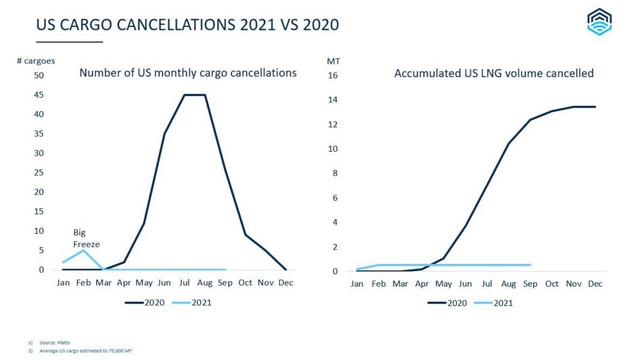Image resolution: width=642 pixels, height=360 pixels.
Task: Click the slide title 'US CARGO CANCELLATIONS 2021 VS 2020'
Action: pyautogui.click(x=187, y=25)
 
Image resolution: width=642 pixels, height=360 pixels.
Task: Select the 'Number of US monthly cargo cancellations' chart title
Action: pyautogui.click(x=187, y=73)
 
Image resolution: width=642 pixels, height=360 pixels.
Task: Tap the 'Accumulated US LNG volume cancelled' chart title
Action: pyautogui.click(x=493, y=73)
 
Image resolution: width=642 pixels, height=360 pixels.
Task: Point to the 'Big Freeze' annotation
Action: pyautogui.click(x=86, y=238)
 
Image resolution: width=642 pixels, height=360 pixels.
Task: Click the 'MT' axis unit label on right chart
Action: pyautogui.click(x=333, y=61)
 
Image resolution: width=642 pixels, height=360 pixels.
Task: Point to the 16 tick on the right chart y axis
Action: pyautogui.click(x=333, y=75)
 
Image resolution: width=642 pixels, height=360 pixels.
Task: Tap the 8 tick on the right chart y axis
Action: pyautogui.click(x=335, y=173)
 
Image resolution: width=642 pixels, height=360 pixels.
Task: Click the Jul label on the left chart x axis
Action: pyautogui.click(x=184, y=283)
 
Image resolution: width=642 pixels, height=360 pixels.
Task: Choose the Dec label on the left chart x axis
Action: pyautogui.click(x=286, y=283)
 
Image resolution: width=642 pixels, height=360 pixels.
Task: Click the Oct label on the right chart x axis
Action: pyautogui.click(x=552, y=284)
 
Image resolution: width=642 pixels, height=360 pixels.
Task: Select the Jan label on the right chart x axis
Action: pyautogui.click(x=357, y=284)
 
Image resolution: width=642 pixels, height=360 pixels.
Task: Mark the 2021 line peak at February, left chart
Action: pyautogui.click(x=83, y=250)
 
